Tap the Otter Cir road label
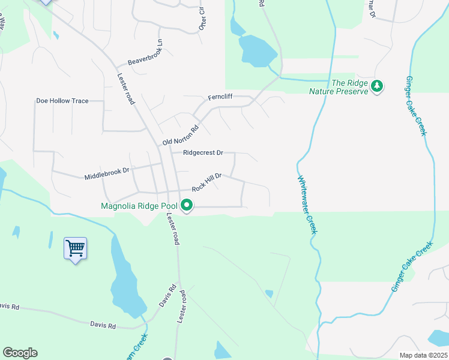[202, 20]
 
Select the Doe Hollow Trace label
[62, 101]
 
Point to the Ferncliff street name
[220, 97]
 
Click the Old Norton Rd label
[180, 136]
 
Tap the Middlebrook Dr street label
[107, 173]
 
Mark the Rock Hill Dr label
[207, 182]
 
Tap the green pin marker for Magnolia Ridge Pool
[187, 206]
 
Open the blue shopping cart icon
[75, 247]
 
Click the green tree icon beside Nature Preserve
[377, 86]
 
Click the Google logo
[20, 353]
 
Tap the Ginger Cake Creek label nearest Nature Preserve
[417, 106]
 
